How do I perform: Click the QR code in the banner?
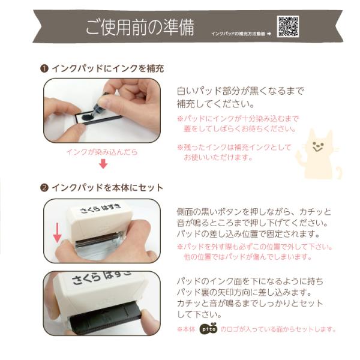287,26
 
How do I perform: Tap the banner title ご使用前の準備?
140,28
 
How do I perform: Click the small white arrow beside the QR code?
269,34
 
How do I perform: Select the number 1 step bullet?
44,68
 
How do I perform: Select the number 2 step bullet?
44,188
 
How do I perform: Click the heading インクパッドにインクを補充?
108,68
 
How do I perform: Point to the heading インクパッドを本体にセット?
107,188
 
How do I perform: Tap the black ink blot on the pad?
87,118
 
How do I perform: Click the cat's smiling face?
318,146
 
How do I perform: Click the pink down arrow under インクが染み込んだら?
103,164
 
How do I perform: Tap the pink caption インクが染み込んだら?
102,152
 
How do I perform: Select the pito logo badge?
208,329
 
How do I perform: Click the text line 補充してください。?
215,104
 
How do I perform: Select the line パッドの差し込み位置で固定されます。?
248,234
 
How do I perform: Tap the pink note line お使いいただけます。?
218,157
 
